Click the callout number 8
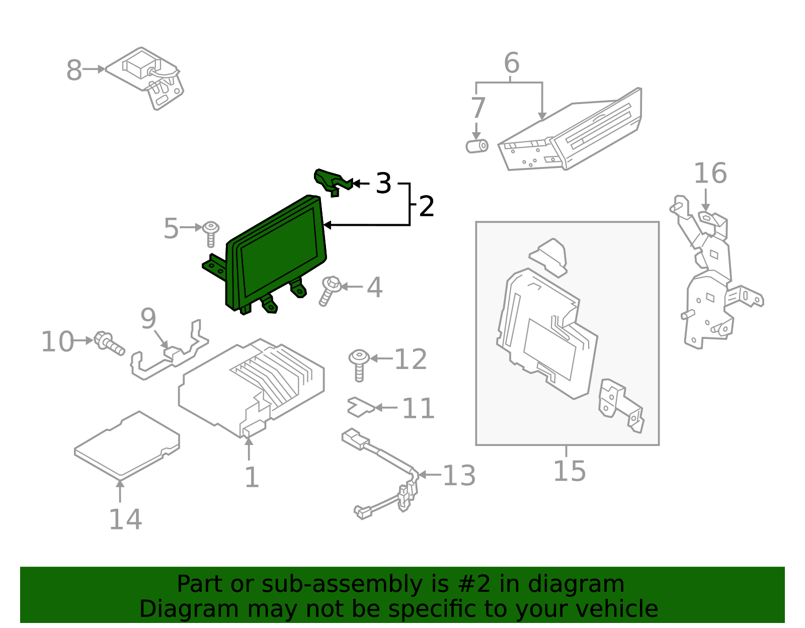[x=74, y=70]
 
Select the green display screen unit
[x=277, y=251]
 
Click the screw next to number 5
[x=211, y=233]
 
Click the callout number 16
[x=710, y=173]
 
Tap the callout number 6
[x=511, y=63]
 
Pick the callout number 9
[x=148, y=319]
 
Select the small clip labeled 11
[x=360, y=407]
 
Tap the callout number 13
[x=459, y=476]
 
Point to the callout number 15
[x=570, y=471]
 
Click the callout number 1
[x=252, y=477]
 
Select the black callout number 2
[x=426, y=207]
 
